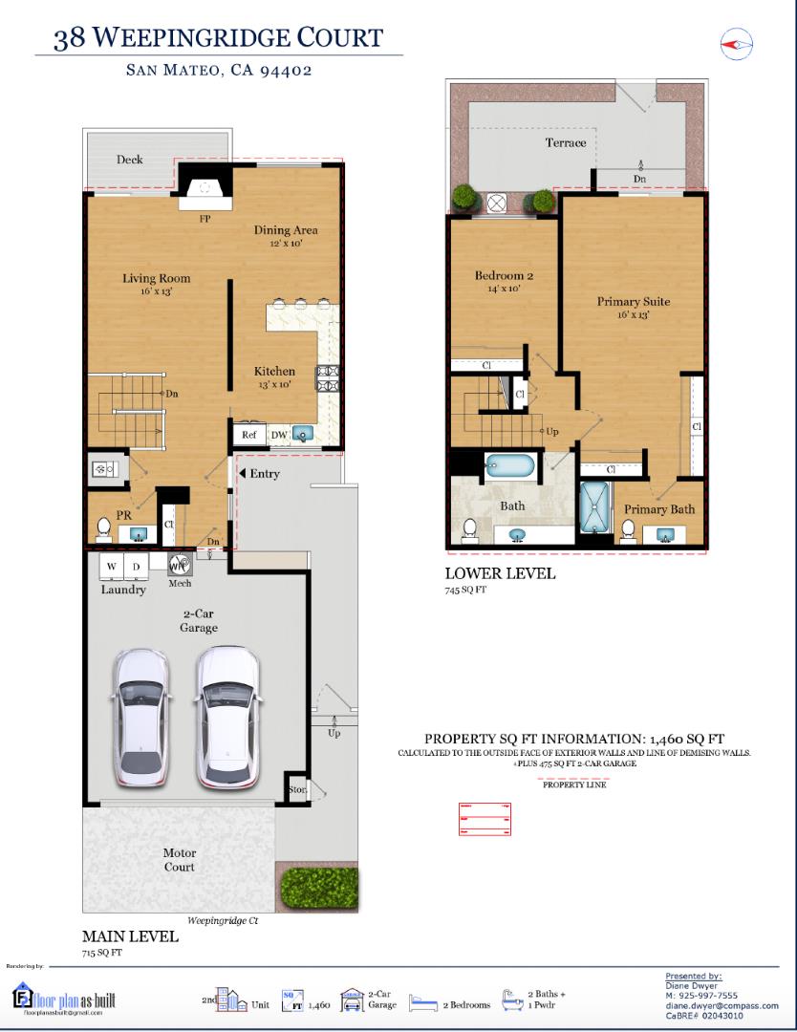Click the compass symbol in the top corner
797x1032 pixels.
click(736, 44)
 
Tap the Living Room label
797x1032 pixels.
click(156, 279)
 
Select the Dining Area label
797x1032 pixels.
click(285, 230)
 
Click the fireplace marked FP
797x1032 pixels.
click(205, 190)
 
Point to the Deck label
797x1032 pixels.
click(130, 160)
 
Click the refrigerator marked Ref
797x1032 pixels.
click(249, 435)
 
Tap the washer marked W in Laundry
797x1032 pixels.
click(111, 567)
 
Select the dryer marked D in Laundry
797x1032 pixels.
click(137, 567)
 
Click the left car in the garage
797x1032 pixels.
click(141, 715)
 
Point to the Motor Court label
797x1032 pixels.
click(180, 859)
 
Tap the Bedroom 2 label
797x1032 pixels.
click(504, 276)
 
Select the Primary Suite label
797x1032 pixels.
click(634, 302)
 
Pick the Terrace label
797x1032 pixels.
click(566, 143)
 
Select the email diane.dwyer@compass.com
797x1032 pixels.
click(722, 1005)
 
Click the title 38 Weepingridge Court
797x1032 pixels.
click(219, 38)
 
